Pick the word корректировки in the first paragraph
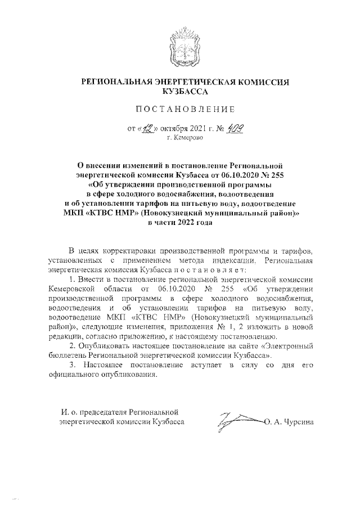tap(133, 250)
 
